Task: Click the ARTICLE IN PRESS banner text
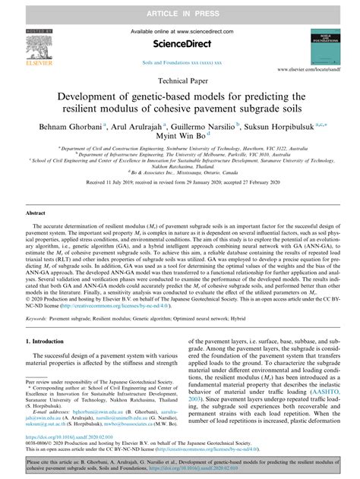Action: click(180, 8)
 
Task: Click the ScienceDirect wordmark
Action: click(179, 47)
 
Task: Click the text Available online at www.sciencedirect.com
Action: click(179, 31)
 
